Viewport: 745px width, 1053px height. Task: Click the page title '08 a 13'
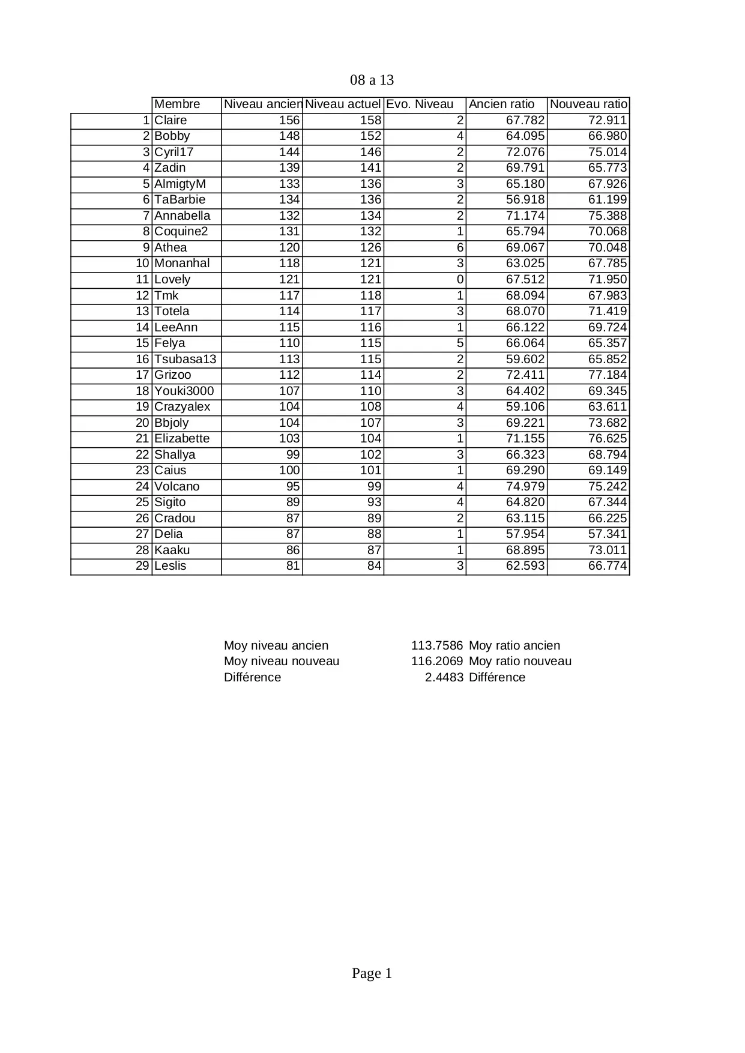[372, 80]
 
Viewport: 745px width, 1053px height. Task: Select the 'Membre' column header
[177, 104]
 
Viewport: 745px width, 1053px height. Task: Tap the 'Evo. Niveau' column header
[420, 104]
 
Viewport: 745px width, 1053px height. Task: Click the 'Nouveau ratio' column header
[588, 104]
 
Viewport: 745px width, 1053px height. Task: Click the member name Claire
[170, 120]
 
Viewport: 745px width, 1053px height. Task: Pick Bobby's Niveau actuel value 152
[370, 136]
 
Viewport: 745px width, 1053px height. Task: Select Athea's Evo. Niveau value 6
[460, 247]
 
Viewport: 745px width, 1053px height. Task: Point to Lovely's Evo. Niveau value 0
[460, 279]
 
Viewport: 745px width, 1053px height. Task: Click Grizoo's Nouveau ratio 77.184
[607, 375]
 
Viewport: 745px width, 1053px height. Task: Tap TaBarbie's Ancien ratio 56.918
[525, 200]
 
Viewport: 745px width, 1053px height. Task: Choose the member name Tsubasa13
[185, 359]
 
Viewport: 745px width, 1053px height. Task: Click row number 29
[142, 566]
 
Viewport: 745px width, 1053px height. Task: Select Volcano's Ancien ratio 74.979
[525, 486]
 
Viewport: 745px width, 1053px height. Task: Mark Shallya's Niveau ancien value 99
[292, 454]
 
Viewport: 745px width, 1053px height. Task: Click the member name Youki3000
[184, 391]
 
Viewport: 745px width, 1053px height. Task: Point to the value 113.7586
[436, 645]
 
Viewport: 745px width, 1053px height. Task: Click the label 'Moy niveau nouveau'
[282, 661]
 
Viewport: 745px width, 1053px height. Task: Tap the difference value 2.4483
[444, 677]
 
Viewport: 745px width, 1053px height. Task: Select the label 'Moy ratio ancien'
[514, 645]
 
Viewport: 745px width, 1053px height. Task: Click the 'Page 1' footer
[372, 973]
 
